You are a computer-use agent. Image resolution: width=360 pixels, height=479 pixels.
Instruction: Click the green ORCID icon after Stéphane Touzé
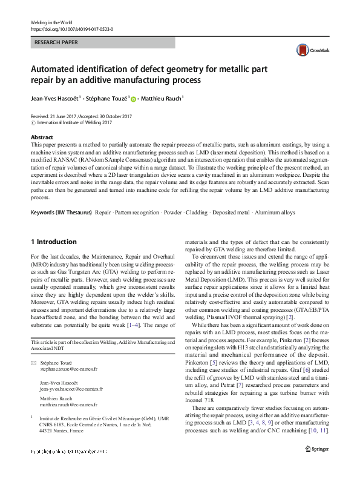[x=134, y=99]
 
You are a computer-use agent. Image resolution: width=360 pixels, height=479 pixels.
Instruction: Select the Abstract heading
[x=42, y=137]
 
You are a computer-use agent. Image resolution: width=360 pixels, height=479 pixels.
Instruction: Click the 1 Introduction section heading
[x=53, y=242]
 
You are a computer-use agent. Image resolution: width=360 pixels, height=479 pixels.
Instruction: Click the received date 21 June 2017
[x=65, y=116]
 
